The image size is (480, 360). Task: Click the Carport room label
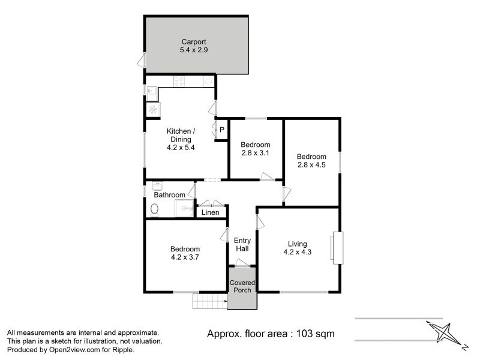(x=194, y=41)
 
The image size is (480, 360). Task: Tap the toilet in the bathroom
(x=155, y=211)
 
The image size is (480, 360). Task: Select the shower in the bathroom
(x=184, y=208)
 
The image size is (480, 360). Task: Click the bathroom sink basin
(x=158, y=186)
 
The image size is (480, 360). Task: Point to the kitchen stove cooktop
(x=179, y=82)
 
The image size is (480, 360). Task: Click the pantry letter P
(x=222, y=130)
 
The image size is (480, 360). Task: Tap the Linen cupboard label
(x=211, y=212)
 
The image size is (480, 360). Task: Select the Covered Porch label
(x=242, y=286)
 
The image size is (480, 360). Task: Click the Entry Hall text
(x=242, y=245)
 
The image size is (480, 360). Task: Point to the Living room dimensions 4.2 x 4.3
(x=297, y=252)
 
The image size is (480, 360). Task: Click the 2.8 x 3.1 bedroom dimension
(x=256, y=153)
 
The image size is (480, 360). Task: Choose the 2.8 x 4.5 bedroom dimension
(x=311, y=164)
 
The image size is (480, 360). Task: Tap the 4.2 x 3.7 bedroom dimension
(x=185, y=257)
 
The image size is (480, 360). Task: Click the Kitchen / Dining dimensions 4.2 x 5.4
(x=181, y=147)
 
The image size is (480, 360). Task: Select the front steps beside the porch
(x=210, y=301)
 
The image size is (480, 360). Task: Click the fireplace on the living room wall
(x=337, y=248)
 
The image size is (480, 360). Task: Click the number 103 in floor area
(x=305, y=334)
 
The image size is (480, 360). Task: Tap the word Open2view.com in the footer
(x=74, y=350)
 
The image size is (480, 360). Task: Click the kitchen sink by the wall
(x=152, y=94)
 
